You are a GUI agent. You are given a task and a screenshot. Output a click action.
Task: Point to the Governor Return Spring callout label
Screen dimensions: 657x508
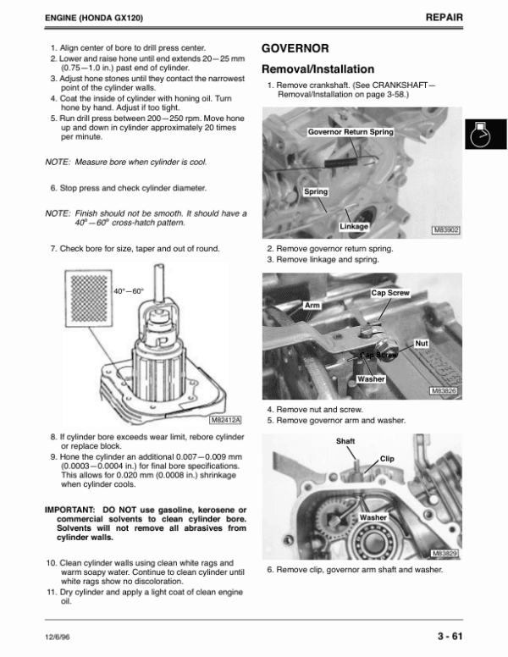coord(351,132)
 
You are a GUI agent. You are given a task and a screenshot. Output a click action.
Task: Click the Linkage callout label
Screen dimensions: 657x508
coord(354,227)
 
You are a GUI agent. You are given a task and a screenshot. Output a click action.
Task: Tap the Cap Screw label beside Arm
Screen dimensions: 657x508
coord(390,293)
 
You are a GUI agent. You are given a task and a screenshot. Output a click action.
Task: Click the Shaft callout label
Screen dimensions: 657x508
coord(345,441)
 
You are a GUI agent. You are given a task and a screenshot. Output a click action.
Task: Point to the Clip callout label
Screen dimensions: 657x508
coord(388,458)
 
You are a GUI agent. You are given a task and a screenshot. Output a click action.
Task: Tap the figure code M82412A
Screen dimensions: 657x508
coord(225,418)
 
